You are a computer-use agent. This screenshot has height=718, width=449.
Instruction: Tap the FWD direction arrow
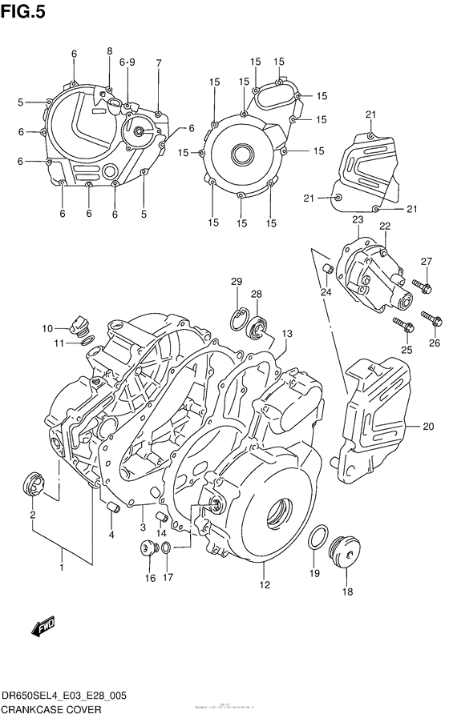click(42, 628)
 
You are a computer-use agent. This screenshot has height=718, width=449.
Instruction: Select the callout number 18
click(347, 592)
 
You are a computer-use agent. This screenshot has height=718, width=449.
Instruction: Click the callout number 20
click(427, 426)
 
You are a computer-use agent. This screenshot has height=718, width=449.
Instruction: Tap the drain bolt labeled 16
click(147, 548)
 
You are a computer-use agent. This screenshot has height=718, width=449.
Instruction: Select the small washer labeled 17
click(164, 548)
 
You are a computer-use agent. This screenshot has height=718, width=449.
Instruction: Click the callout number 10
click(47, 327)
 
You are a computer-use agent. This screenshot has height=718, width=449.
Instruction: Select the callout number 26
click(435, 344)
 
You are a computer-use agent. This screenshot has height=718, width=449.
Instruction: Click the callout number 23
click(357, 219)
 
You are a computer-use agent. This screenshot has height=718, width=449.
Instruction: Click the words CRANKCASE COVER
click(56, 708)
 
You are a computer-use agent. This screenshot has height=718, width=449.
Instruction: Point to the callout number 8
click(110, 51)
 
